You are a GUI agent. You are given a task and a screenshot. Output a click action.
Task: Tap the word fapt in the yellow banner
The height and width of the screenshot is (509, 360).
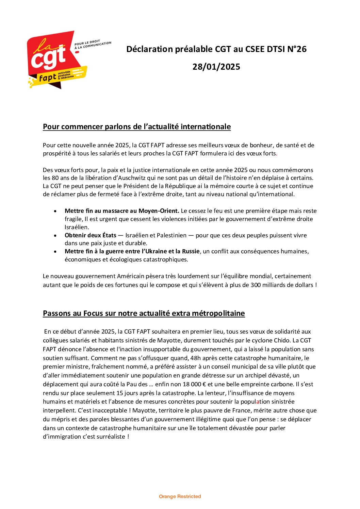47,78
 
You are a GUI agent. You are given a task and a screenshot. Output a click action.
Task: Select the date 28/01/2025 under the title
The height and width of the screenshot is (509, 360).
216,67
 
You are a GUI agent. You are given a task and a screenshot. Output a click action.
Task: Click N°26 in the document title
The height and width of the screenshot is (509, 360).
297,49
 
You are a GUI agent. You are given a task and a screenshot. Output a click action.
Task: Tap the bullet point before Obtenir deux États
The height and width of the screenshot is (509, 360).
55,235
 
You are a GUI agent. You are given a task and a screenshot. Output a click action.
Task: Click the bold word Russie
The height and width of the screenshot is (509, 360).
191,251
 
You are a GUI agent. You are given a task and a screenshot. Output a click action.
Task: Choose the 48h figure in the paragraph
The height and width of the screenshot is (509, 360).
195,358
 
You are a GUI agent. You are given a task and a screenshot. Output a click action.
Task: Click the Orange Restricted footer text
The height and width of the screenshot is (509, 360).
180,496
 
